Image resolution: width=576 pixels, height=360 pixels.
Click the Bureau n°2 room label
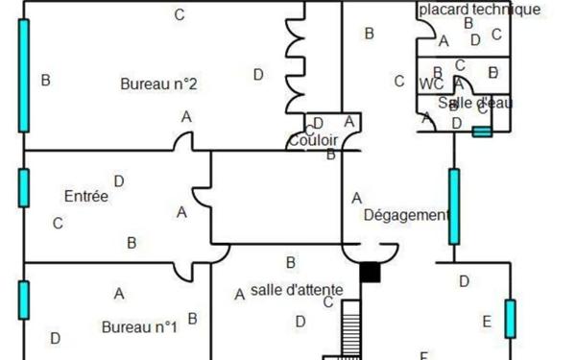tap(158, 84)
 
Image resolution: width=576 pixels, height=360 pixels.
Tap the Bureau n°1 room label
tap(139, 326)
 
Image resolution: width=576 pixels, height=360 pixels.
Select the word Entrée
tap(86, 196)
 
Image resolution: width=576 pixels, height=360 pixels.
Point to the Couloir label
tap(312, 141)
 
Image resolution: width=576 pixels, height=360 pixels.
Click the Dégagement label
tap(406, 215)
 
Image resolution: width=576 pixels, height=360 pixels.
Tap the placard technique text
tap(479, 10)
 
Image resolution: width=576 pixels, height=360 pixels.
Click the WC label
tap(431, 84)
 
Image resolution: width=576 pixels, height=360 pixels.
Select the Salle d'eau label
tap(475, 103)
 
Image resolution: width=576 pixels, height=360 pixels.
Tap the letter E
tap(486, 321)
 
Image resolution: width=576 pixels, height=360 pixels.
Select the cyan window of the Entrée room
tap(23, 187)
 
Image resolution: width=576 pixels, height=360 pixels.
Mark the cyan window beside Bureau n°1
tap(23, 299)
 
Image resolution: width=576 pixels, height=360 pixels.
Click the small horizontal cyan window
tap(482, 132)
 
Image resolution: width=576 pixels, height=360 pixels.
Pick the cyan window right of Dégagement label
tap(454, 205)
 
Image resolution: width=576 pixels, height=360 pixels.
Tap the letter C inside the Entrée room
tap(58, 224)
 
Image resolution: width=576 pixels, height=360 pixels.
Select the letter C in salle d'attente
tap(327, 302)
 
